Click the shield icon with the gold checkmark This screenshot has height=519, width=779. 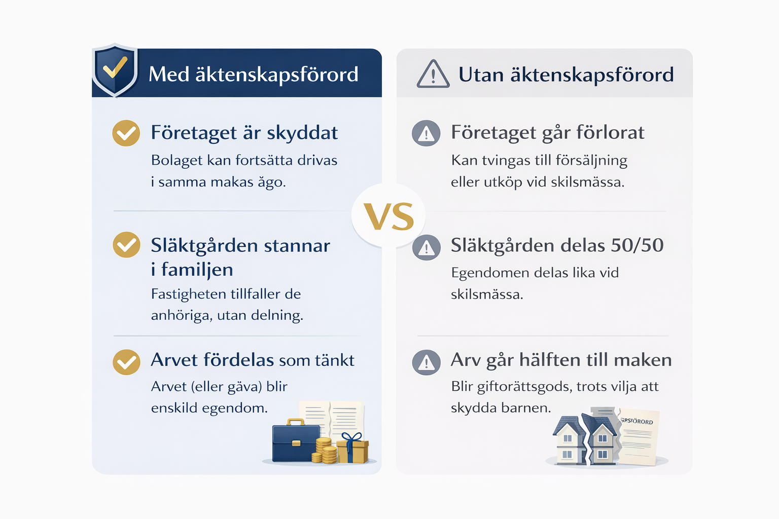115,70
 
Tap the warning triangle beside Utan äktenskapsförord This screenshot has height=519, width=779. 433,73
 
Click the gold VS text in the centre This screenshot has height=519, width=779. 389,216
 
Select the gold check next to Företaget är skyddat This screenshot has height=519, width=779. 126,133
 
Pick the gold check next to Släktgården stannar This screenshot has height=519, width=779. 127,245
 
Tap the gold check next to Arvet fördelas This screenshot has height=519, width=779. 127,362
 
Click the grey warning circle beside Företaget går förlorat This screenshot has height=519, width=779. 426,133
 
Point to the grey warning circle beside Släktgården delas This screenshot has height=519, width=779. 427,247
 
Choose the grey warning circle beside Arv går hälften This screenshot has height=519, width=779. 427,362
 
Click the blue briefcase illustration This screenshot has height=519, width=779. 296,441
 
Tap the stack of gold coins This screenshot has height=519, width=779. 325,451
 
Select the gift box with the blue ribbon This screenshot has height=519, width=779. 352,449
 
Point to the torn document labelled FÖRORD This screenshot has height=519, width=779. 639,437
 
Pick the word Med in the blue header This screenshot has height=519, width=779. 169,74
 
